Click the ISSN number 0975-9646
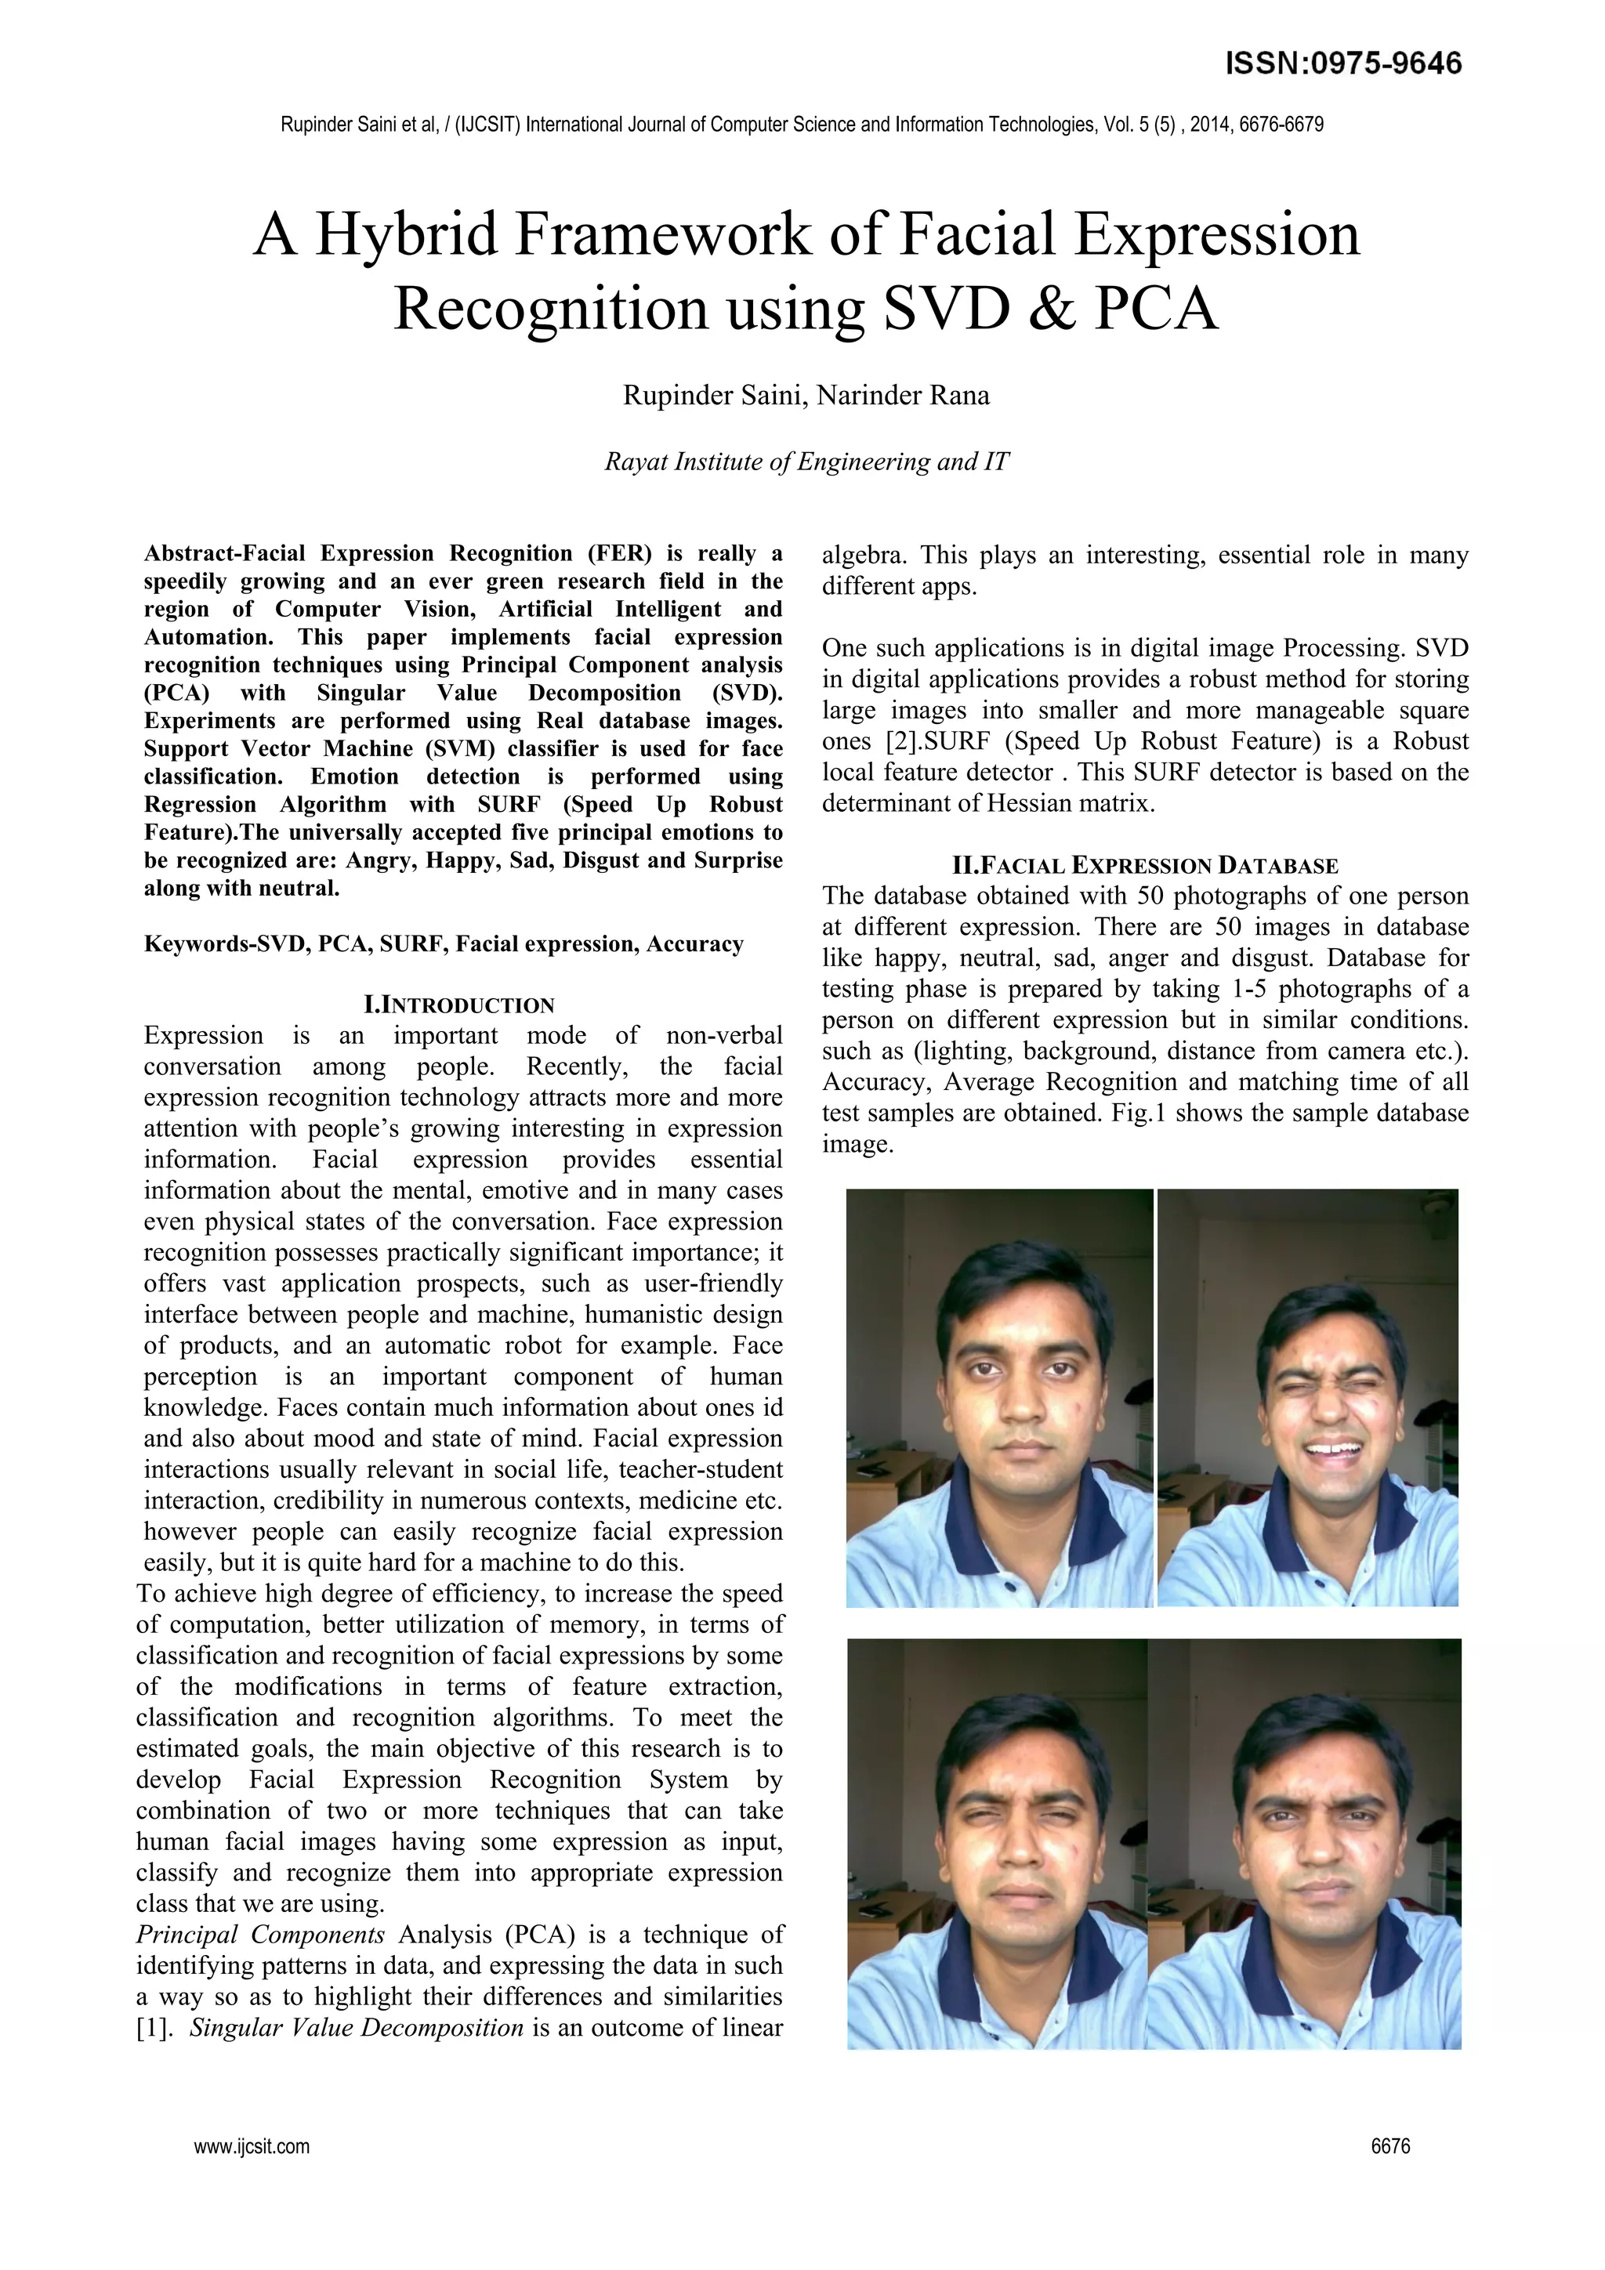[1385, 64]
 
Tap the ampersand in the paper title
[1049, 309]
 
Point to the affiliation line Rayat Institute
[806, 462]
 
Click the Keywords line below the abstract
[443, 944]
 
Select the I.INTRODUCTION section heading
[460, 1005]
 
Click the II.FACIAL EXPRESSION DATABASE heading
[1144, 866]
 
